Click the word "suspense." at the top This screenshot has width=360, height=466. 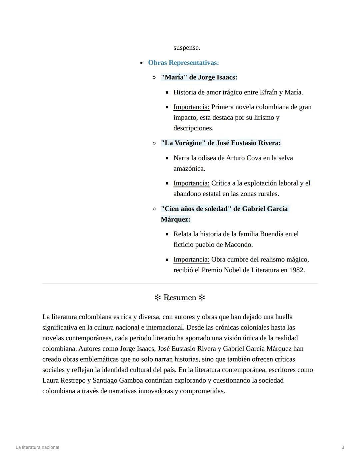pos(187,48)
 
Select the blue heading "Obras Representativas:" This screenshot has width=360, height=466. pos(183,63)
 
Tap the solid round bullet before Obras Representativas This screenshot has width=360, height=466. pos(141,63)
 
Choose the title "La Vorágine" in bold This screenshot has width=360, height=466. pos(183,143)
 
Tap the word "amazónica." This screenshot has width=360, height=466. pos(189,169)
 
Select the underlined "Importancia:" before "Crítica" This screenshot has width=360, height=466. pos(191,183)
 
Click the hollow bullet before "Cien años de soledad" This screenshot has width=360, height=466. pos(154,209)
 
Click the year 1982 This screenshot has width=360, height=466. pos(297,270)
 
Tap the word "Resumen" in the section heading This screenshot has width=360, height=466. pos(180,298)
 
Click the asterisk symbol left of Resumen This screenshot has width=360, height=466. pos(158,298)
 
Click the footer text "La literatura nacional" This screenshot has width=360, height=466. pos(37,447)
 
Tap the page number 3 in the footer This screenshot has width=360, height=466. pos(343,447)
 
